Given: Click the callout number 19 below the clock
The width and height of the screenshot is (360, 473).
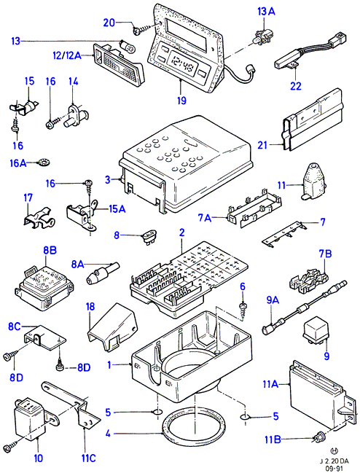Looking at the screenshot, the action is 181,100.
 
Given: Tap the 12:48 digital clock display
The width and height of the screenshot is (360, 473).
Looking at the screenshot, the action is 181,63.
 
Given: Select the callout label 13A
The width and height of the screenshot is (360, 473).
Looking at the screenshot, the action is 266,12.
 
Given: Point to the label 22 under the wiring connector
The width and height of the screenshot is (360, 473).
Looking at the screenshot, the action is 296,86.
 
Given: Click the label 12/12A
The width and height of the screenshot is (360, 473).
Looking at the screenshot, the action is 67,55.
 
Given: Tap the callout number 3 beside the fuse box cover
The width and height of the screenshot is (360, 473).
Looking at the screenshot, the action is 108,180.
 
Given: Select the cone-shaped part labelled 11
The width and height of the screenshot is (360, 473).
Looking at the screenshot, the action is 314,181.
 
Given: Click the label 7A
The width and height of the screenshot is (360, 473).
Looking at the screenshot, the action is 205,217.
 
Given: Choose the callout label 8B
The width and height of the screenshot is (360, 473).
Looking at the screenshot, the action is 50,250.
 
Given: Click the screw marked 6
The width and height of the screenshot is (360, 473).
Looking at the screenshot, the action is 243,308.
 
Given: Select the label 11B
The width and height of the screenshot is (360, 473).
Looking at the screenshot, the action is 273,439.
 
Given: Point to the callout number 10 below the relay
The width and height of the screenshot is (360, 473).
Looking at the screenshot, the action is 39,458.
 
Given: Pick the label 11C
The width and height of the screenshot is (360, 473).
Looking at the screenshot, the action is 88,458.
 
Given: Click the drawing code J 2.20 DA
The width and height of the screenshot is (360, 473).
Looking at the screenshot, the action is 334,461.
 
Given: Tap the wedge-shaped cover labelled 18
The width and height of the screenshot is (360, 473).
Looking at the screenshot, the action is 112,327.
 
